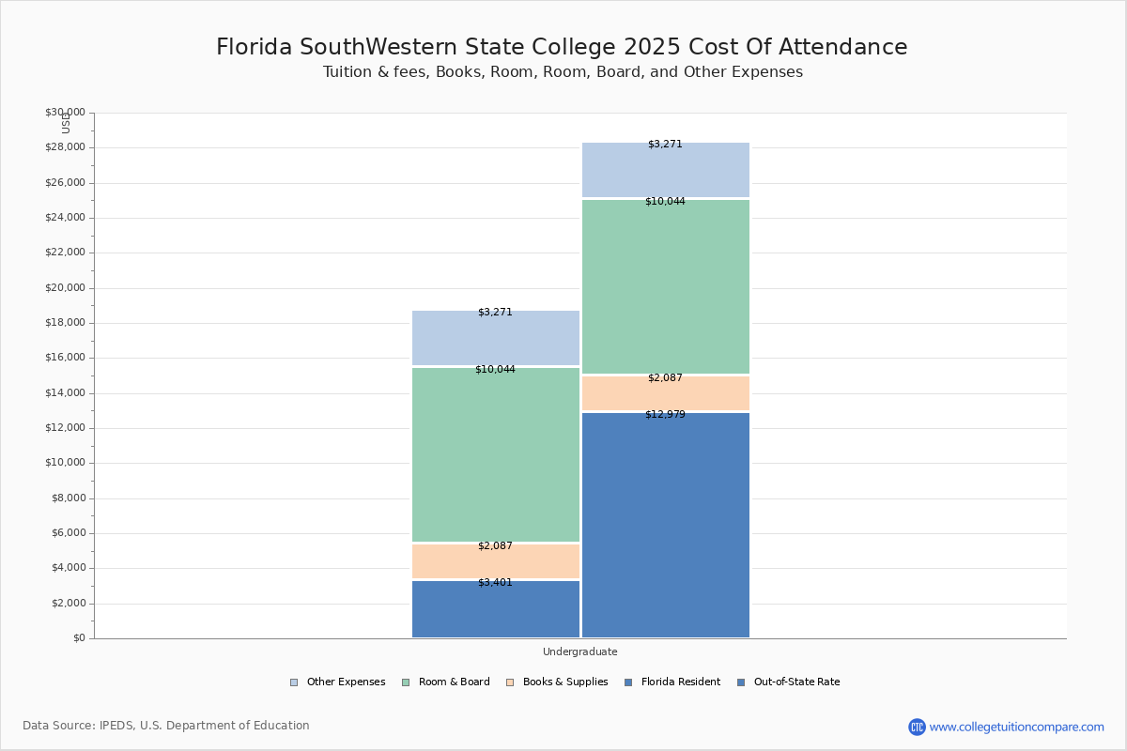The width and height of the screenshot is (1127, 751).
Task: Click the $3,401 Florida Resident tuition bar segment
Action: tap(496, 610)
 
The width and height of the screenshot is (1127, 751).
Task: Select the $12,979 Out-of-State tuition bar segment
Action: tap(665, 526)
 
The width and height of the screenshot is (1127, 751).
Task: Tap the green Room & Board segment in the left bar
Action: tap(496, 455)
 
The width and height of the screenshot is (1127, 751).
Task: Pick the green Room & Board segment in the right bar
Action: tap(665, 286)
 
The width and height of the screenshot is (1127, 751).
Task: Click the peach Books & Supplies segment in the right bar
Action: tap(665, 393)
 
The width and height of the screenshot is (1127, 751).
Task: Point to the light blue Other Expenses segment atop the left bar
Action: tap(496, 338)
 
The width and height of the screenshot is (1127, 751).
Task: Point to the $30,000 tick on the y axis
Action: tap(65, 113)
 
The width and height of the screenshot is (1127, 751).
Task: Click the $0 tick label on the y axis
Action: tap(78, 638)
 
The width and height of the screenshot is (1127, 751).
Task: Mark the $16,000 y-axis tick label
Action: tap(65, 358)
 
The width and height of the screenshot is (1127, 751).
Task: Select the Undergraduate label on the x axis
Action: tap(579, 651)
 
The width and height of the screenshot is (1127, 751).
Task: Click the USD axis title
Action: tap(66, 123)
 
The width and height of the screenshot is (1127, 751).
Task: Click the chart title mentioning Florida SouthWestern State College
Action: tap(562, 48)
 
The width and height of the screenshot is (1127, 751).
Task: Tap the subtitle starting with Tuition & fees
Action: tap(563, 72)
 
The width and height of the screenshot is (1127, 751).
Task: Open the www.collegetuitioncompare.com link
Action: tap(1016, 727)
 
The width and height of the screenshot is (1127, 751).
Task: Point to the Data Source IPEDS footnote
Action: tap(166, 726)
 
